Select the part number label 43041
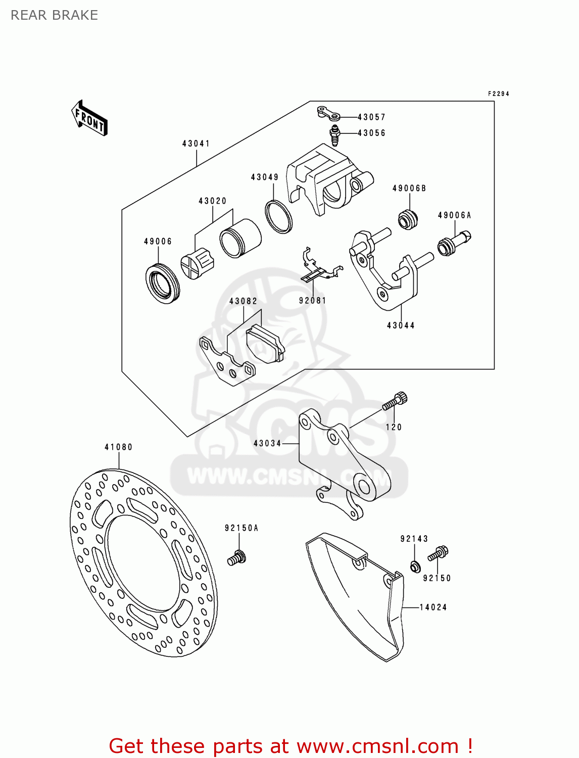point(196,144)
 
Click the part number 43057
point(371,117)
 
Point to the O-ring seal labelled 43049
point(279,217)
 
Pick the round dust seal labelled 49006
point(162,283)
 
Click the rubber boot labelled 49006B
point(408,218)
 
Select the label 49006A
point(454,215)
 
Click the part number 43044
point(401,325)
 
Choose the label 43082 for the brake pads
point(243,301)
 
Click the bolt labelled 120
point(396,402)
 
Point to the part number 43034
point(267,443)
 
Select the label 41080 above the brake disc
point(119,447)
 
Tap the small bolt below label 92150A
point(236,558)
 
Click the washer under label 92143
point(415,566)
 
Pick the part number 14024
point(433,607)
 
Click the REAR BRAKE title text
point(55,15)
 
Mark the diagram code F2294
point(498,94)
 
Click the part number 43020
point(213,201)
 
